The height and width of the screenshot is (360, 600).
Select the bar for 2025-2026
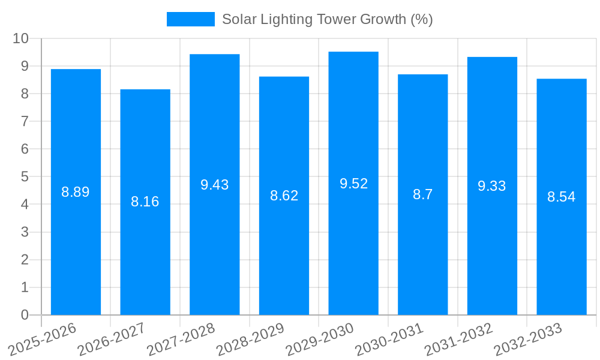(76, 192)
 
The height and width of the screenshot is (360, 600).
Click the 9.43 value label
(215, 185)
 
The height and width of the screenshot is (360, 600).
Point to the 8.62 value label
(284, 196)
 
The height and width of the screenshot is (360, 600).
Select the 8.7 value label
(422, 194)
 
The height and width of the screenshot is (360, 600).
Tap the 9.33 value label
(492, 186)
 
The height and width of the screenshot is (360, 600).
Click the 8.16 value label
(145, 202)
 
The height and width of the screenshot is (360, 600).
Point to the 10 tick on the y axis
(21, 38)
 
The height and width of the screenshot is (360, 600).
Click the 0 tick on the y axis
(25, 315)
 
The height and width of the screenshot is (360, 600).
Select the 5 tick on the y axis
(25, 177)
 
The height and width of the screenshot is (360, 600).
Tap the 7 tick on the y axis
(25, 121)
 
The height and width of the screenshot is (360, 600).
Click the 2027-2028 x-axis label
(181, 339)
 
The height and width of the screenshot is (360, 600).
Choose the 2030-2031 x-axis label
(389, 339)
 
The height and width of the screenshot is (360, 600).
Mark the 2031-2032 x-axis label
(458, 339)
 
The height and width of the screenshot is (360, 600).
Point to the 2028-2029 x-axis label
(250, 339)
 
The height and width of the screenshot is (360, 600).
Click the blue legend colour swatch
(190, 19)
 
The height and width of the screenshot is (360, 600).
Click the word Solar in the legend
(238, 19)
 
